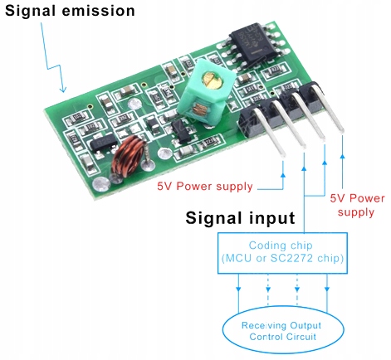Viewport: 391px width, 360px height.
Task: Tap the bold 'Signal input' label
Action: pyautogui.click(x=239, y=219)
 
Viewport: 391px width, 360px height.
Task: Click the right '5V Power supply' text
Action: pyautogui.click(x=357, y=205)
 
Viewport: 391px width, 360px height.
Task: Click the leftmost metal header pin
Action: pyautogui.click(x=281, y=145)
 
